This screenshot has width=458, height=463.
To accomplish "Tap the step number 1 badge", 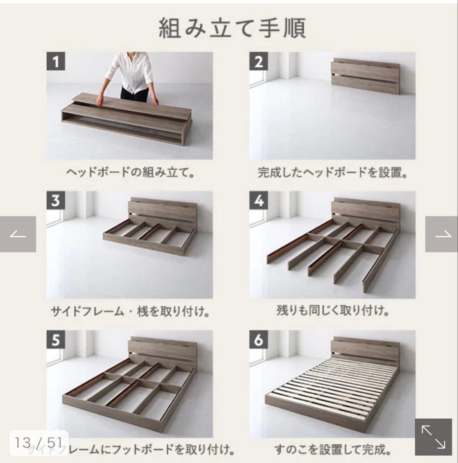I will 56,62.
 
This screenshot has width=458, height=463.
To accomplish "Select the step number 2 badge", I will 258,62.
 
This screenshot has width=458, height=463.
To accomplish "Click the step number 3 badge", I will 56,201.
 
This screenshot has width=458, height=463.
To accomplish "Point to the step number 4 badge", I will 258,201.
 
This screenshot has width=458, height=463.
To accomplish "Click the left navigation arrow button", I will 18,234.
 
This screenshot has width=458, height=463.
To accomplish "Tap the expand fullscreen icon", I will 433,436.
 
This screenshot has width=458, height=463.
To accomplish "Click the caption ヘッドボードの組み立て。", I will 130,173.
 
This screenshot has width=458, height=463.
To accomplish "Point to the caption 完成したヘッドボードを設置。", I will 332,173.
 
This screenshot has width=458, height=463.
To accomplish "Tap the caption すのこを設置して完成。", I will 332,450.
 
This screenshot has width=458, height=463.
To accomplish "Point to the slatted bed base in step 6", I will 338,384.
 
